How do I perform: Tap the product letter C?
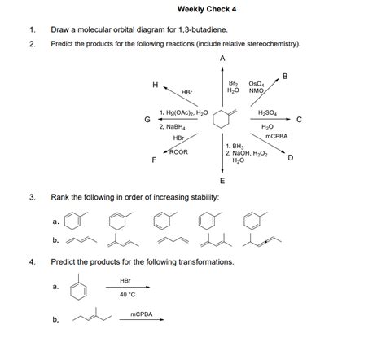click(x=300, y=120)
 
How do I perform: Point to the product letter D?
click(x=291, y=159)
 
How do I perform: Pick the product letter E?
click(x=222, y=179)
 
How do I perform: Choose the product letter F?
click(x=154, y=160)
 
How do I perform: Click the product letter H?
click(x=155, y=84)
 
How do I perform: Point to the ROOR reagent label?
click(x=179, y=151)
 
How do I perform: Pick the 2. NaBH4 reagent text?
click(x=176, y=127)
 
